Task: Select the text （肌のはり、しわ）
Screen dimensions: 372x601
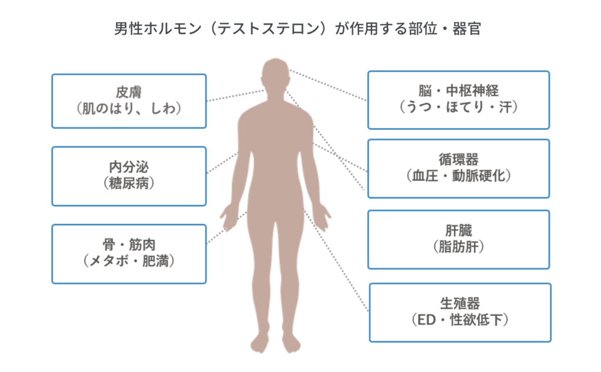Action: click(x=129, y=109)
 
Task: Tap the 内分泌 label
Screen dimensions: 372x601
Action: click(x=129, y=167)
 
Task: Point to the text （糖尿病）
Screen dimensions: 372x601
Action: click(x=129, y=183)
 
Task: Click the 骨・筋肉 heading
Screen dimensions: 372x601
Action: click(x=129, y=243)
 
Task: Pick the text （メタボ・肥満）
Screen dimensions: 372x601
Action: click(x=129, y=260)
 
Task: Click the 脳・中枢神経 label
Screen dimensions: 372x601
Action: click(x=458, y=91)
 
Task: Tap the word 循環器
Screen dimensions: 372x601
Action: click(x=458, y=159)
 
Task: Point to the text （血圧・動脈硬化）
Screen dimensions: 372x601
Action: click(x=458, y=176)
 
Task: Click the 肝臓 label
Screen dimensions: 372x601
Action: click(x=458, y=231)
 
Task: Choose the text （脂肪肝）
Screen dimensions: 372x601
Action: click(x=458, y=247)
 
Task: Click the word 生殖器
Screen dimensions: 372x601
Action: click(x=460, y=303)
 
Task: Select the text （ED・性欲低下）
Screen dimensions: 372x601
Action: click(x=460, y=320)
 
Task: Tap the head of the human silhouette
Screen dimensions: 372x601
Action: click(x=275, y=73)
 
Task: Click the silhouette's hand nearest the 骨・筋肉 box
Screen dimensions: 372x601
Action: click(x=228, y=217)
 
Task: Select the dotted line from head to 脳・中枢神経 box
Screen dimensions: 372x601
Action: click(x=329, y=85)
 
